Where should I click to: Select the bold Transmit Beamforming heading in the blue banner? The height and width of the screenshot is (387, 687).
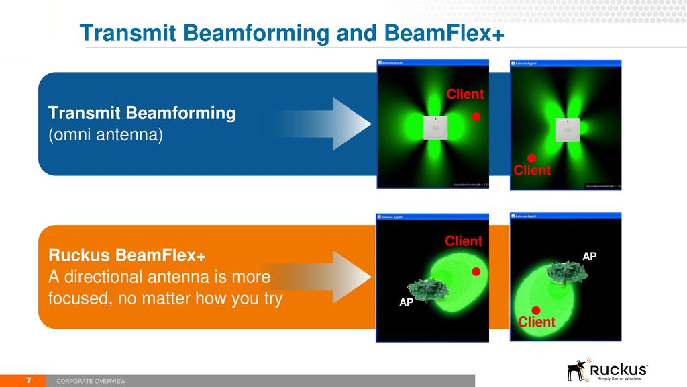coord(142,113)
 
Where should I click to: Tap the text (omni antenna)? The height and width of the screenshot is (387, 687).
coord(105,135)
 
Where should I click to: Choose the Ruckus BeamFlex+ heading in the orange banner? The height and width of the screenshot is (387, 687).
coord(127,256)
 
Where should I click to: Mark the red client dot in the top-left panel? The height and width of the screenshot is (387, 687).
coord(476,117)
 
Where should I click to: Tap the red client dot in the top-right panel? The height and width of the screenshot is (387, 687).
coord(531,158)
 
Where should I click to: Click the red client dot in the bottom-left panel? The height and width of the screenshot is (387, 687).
coord(476,272)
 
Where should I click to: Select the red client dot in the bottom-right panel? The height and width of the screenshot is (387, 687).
coord(536,310)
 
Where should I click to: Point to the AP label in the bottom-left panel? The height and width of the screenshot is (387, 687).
coord(407,303)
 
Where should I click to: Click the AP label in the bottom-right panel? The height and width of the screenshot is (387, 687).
coord(590,256)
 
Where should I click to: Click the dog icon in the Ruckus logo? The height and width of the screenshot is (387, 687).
coord(576,370)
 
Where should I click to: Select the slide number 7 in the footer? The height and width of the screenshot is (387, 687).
coord(29,380)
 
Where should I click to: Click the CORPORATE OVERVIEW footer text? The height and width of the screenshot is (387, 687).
coord(91,382)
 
